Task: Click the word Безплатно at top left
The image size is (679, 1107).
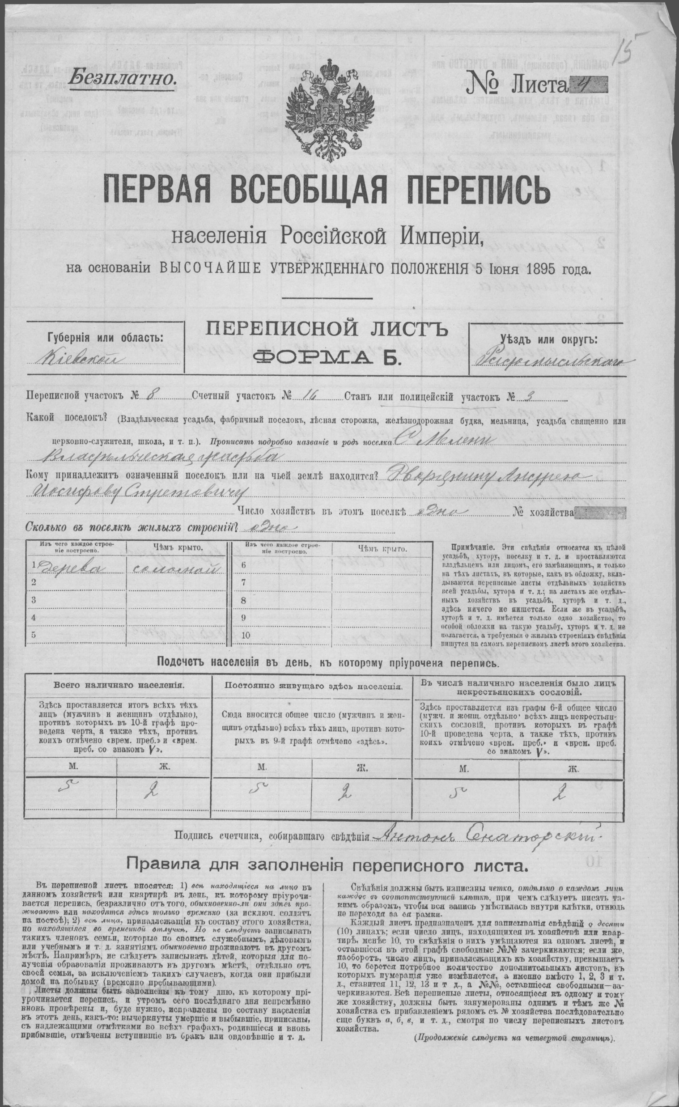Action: point(122,78)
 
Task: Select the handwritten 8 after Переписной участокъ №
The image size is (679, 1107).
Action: point(150,396)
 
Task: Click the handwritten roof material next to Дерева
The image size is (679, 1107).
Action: point(173,569)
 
